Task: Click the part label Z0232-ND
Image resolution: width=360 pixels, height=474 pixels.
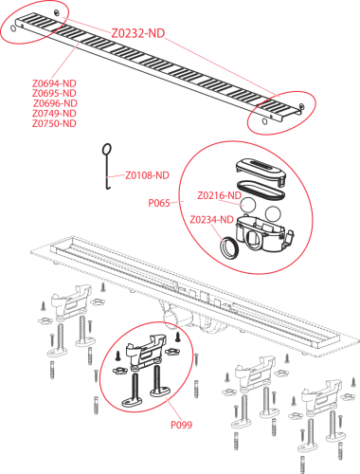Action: pos(138,33)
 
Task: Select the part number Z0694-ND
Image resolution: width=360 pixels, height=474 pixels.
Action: pos(54,83)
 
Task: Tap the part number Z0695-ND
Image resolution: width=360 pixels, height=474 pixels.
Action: pos(54,93)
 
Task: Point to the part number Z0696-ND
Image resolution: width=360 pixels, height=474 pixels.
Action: pos(55,103)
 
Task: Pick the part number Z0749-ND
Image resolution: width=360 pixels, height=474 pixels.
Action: pos(54,113)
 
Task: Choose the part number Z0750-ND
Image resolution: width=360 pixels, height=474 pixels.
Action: pos(54,123)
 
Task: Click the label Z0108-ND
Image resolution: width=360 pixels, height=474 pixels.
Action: pos(147,175)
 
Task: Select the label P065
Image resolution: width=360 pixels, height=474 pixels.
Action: pos(159,203)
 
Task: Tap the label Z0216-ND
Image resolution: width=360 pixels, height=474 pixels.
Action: pos(220,195)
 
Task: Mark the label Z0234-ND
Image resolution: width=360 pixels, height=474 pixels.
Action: pos(211,219)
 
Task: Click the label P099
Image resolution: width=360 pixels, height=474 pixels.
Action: pos(181,425)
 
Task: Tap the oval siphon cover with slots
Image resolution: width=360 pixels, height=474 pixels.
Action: pos(261,171)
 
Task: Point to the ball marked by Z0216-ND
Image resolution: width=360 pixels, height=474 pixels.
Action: pos(248,205)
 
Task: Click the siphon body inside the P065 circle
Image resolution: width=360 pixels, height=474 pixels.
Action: pos(264,233)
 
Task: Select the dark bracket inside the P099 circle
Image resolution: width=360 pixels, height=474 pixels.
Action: pos(146,351)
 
